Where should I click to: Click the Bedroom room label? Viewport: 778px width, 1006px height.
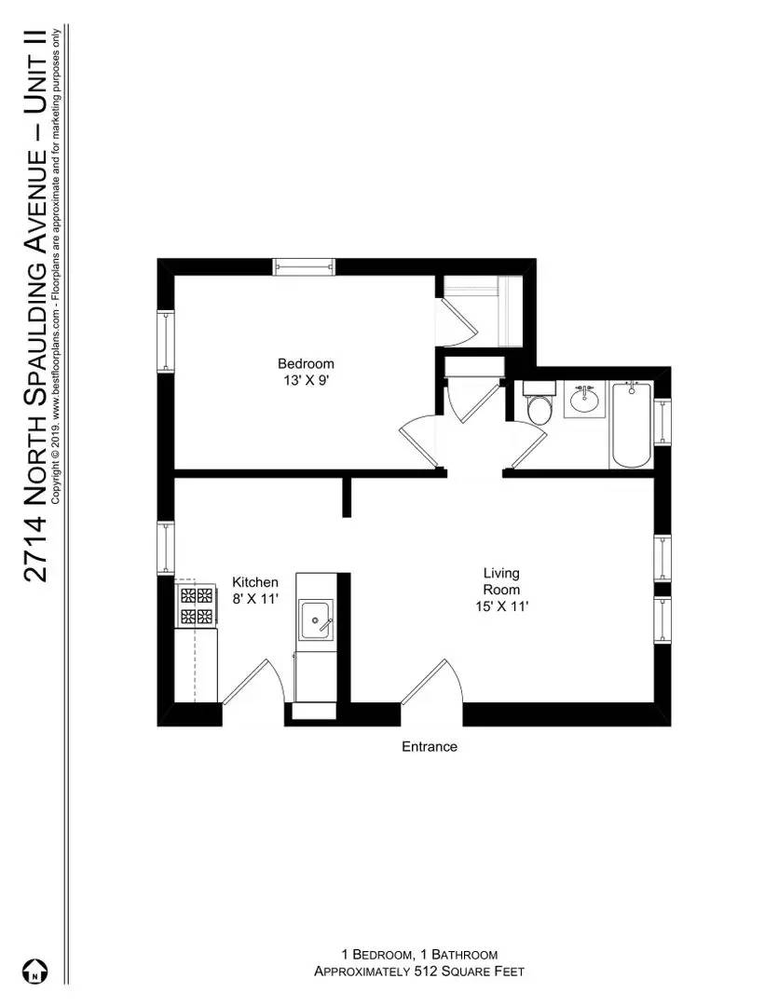[x=306, y=363]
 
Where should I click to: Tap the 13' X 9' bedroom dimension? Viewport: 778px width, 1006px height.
[x=306, y=380]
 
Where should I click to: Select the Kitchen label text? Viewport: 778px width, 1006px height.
[x=255, y=582]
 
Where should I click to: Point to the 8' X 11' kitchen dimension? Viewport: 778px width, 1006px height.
[x=255, y=599]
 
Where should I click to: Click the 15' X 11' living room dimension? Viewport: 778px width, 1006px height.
[x=501, y=606]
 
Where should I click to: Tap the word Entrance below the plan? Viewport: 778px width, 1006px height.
[x=430, y=746]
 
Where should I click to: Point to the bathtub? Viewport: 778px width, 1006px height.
[x=633, y=425]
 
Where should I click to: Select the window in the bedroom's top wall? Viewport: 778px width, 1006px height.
[x=303, y=267]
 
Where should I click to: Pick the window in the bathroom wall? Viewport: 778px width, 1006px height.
[x=662, y=421]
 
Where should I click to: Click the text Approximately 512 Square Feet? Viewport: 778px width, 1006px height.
[x=419, y=972]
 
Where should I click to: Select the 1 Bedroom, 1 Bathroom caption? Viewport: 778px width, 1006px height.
[x=419, y=955]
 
